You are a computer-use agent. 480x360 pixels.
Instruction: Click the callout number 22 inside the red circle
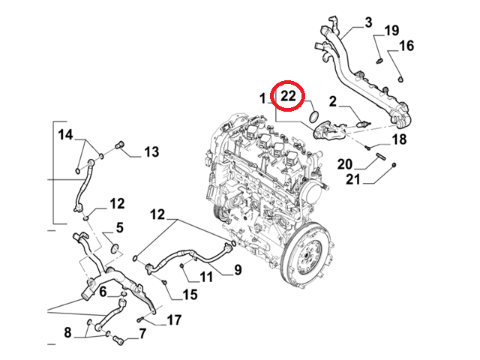click(x=289, y=97)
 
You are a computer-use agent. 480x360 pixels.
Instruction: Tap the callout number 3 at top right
click(x=368, y=22)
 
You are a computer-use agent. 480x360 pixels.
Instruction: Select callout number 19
click(x=391, y=31)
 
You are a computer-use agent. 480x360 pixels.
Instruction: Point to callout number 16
click(x=406, y=46)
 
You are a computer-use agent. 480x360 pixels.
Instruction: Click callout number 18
click(x=399, y=139)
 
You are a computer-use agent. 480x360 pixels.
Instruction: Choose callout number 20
click(x=344, y=164)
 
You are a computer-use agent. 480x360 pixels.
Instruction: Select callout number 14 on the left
click(x=65, y=135)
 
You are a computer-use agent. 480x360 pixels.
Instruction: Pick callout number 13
click(x=151, y=152)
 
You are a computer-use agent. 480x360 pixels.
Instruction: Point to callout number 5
click(x=118, y=227)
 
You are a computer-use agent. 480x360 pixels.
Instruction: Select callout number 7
click(x=141, y=333)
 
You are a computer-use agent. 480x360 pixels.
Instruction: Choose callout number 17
click(x=173, y=320)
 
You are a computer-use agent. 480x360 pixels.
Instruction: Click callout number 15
click(x=189, y=295)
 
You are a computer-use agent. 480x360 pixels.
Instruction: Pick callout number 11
click(x=206, y=277)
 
